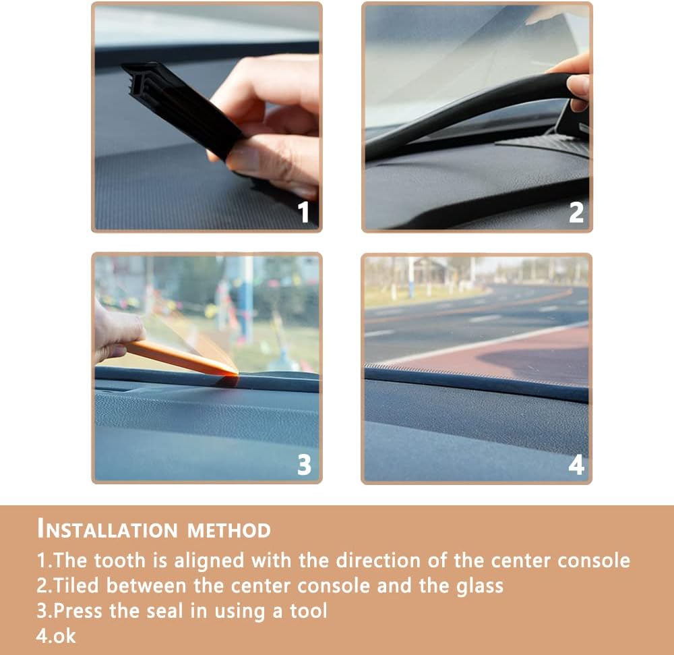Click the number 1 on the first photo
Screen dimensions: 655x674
304,212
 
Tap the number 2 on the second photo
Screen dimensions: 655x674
576,212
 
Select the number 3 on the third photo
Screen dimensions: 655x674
304,464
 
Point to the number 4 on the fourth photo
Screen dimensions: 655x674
576,464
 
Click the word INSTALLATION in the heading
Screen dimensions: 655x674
108,530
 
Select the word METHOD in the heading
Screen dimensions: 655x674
229,530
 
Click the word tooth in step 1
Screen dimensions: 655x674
121,560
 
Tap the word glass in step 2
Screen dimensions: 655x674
479,585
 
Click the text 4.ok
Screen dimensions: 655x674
57,635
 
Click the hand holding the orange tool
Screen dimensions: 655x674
115,331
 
